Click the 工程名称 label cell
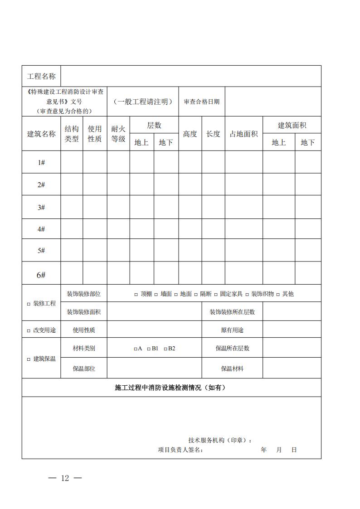click(41, 76)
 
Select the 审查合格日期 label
click(201, 102)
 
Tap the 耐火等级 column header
click(118, 134)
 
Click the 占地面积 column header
click(243, 134)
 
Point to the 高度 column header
click(190, 134)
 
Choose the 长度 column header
click(213, 134)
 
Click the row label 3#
click(41, 207)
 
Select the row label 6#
click(41, 275)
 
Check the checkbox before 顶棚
click(136, 294)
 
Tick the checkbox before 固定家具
click(216, 294)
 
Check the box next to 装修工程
click(29, 304)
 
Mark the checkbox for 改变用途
click(29, 330)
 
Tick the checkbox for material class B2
click(165, 349)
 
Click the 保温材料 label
click(232, 368)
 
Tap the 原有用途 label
click(232, 330)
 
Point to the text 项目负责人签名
click(180, 450)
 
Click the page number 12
click(65, 478)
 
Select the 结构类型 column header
click(72, 134)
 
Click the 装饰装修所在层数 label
click(232, 312)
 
